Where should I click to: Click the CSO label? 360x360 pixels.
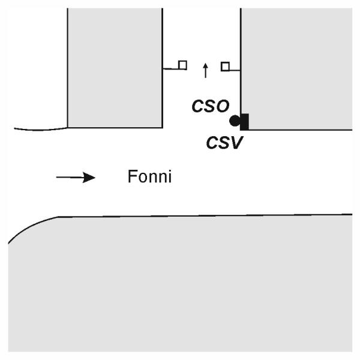[x=210, y=107]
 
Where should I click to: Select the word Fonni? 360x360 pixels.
[x=150, y=177]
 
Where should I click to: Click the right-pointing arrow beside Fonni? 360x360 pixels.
[x=76, y=177]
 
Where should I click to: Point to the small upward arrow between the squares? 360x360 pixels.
[x=205, y=70]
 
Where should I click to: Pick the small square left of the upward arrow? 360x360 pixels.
[x=182, y=65]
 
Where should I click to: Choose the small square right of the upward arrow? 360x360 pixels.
[x=225, y=67]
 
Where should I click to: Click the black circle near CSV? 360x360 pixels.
[x=235, y=121]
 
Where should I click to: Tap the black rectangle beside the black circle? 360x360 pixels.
[x=244, y=121]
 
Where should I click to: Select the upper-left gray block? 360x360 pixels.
[x=115, y=66]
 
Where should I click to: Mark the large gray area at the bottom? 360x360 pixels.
[x=180, y=282]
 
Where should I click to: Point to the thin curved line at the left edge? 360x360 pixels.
[x=39, y=128]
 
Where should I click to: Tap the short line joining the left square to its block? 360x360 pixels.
[x=170, y=68]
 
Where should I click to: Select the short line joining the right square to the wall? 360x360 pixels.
[x=235, y=70]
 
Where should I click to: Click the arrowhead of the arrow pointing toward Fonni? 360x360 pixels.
[x=89, y=177]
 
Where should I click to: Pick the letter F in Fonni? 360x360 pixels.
[x=133, y=177]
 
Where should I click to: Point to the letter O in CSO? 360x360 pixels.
[x=222, y=107]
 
